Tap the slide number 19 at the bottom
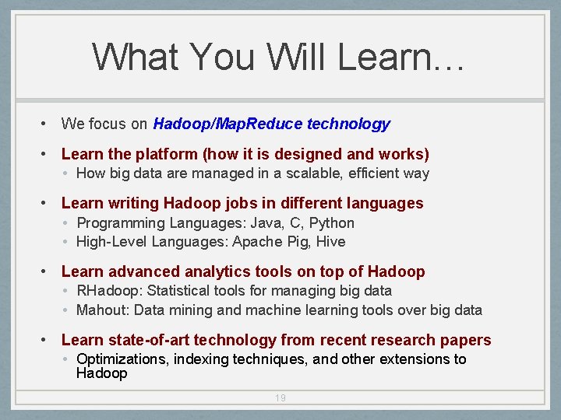280,398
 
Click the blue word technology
349,124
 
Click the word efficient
372,173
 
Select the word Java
270,223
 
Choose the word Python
331,223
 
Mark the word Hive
330,242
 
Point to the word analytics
216,271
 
